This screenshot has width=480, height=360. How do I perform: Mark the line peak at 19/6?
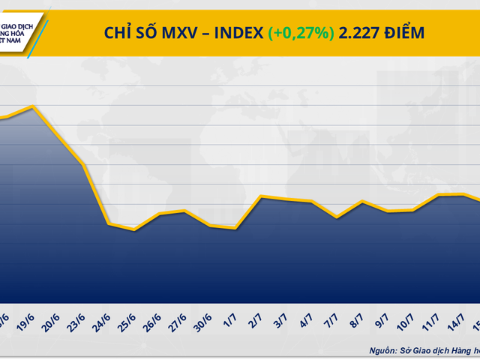click(32, 106)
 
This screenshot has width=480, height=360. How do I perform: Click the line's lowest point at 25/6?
click(134, 229)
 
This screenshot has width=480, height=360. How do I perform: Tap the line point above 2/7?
click(260, 196)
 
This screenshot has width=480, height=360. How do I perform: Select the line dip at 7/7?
click(337, 217)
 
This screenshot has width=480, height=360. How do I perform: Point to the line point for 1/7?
click(236, 228)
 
